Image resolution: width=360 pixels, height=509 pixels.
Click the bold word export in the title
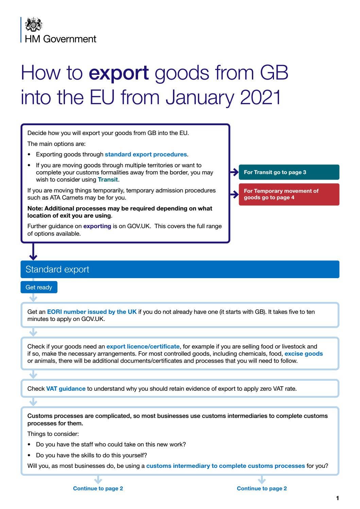[119, 73]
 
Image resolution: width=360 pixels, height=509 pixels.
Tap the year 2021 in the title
[260, 97]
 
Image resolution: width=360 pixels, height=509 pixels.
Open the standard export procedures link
[145, 154]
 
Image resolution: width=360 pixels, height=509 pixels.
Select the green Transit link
[108, 180]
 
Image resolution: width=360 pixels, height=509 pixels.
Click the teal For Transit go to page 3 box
[289, 172]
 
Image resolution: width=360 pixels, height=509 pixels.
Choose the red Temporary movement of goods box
[289, 194]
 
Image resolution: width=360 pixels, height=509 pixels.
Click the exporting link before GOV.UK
[97, 226]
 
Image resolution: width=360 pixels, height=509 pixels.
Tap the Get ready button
[39, 287]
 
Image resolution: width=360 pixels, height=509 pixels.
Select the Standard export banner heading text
[57, 269]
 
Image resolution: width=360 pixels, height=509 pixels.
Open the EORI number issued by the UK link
[92, 312]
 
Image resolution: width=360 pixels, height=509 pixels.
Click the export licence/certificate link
[143, 346]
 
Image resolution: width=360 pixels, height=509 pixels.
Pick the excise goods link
[304, 354]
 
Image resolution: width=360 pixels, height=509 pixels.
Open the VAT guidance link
[66, 389]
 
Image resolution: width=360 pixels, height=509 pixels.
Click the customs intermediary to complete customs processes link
[225, 466]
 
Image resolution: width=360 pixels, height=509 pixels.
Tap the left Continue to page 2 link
[98, 488]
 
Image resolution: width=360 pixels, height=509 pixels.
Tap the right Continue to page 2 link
[262, 488]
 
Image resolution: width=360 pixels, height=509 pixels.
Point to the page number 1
[337, 498]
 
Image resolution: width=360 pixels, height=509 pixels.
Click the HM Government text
[61, 39]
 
